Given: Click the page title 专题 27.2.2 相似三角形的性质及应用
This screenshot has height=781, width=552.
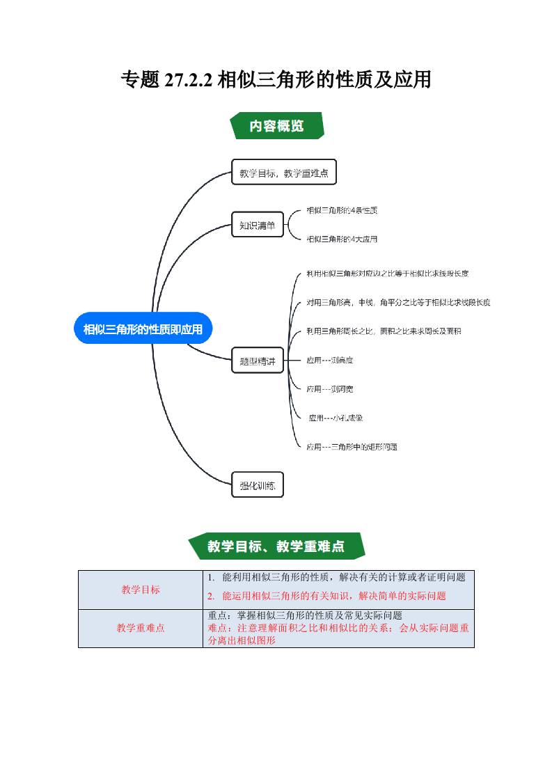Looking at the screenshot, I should click(276, 80).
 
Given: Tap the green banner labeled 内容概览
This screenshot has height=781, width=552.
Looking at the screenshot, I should click(276, 126).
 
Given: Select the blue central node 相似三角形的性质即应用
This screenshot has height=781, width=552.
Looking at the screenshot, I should click(143, 329).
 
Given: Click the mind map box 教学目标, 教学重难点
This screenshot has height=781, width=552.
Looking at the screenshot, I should click(283, 173).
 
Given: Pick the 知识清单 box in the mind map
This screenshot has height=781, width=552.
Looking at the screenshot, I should click(257, 225).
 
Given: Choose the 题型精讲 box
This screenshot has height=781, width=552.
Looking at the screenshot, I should click(257, 361).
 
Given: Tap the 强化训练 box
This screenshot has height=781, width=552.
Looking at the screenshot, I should click(257, 485).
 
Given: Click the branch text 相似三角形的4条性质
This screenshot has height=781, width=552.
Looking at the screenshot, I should click(342, 210).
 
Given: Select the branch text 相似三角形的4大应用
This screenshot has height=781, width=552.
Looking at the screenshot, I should click(342, 239).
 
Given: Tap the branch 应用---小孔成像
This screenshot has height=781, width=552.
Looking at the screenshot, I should click(336, 418).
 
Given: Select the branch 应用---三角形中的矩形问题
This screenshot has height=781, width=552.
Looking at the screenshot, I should click(352, 447).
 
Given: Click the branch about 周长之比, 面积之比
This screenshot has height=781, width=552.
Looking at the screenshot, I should click(384, 331).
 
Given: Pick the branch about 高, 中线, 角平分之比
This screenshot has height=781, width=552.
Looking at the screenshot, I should click(398, 303).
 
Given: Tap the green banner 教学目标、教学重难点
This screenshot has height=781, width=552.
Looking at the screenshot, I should click(276, 546).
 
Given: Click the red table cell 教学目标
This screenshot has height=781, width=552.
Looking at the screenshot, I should click(141, 590).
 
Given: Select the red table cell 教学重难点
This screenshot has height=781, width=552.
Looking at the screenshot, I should click(141, 628).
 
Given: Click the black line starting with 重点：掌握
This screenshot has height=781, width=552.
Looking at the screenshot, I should click(305, 615).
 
